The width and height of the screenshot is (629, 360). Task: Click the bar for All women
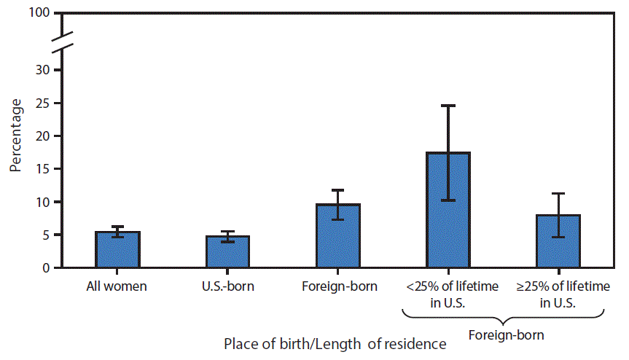click(117, 250)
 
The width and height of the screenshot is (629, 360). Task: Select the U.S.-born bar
click(228, 252)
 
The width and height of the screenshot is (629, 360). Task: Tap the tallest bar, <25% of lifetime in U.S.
click(448, 211)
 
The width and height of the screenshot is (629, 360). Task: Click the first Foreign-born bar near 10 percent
click(338, 236)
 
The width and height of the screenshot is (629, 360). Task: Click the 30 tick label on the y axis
click(44, 70)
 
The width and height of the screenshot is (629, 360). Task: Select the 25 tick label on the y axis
click(44, 103)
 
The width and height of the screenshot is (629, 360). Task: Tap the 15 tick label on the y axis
click(44, 169)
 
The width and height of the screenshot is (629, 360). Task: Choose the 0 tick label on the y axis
click(48, 268)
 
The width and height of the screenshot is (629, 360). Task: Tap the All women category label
click(117, 286)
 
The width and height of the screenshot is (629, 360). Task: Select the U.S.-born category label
click(228, 286)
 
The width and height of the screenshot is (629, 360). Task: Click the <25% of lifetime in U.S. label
click(448, 294)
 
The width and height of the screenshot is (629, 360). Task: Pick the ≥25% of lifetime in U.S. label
click(558, 294)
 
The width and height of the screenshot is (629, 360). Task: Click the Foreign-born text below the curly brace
click(503, 336)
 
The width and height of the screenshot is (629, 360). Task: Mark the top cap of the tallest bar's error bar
click(448, 106)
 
